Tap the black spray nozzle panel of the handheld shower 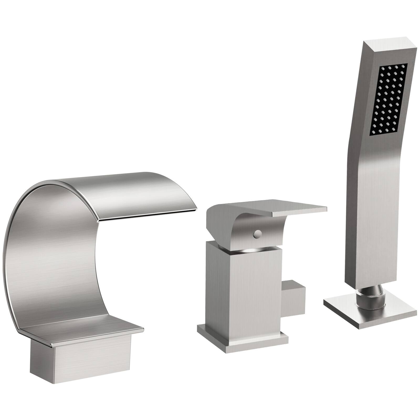pyautogui.click(x=388, y=99)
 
